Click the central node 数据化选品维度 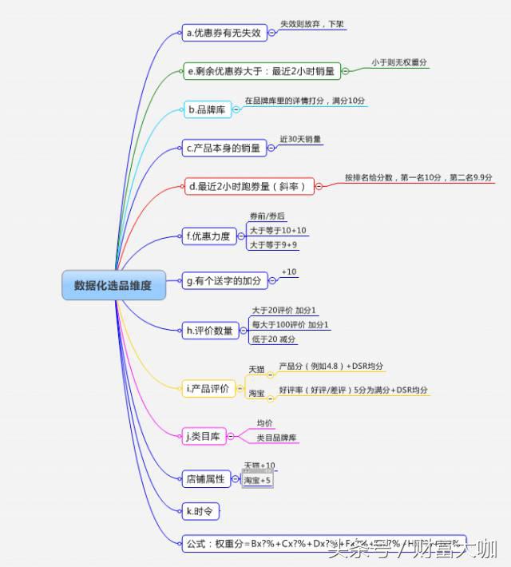pyautogui.click(x=113, y=285)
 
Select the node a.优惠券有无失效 pyautogui.click(x=224, y=33)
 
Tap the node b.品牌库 pyautogui.click(x=207, y=109)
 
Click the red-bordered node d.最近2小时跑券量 pyautogui.click(x=248, y=186)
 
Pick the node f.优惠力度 pyautogui.click(x=208, y=236)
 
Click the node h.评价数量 pyautogui.click(x=210, y=330)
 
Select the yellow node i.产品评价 pyautogui.click(x=208, y=389)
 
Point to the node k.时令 pyautogui.click(x=200, y=510)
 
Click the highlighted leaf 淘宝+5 pyautogui.click(x=259, y=481)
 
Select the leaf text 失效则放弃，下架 pyautogui.click(x=312, y=25)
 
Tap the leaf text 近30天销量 pyautogui.click(x=301, y=139)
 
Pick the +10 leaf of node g pyautogui.click(x=289, y=272)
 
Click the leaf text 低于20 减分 pyautogui.click(x=274, y=339)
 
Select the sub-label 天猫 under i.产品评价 pyautogui.click(x=256, y=370)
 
